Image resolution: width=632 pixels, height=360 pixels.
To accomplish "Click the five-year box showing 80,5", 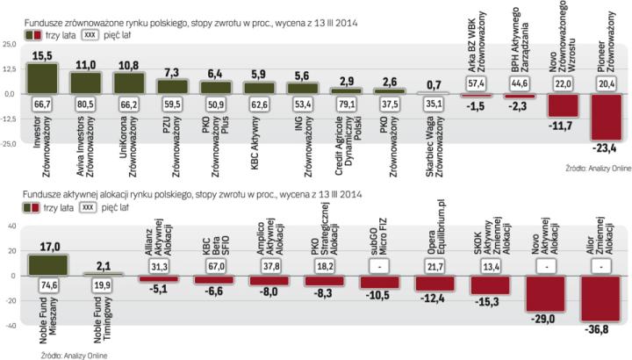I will pyautogui.click(x=86, y=103).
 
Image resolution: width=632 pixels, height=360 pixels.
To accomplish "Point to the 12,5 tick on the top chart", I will pyautogui.click(x=11, y=68).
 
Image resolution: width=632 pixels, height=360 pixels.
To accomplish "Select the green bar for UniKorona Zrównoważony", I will pyautogui.click(x=128, y=82).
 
